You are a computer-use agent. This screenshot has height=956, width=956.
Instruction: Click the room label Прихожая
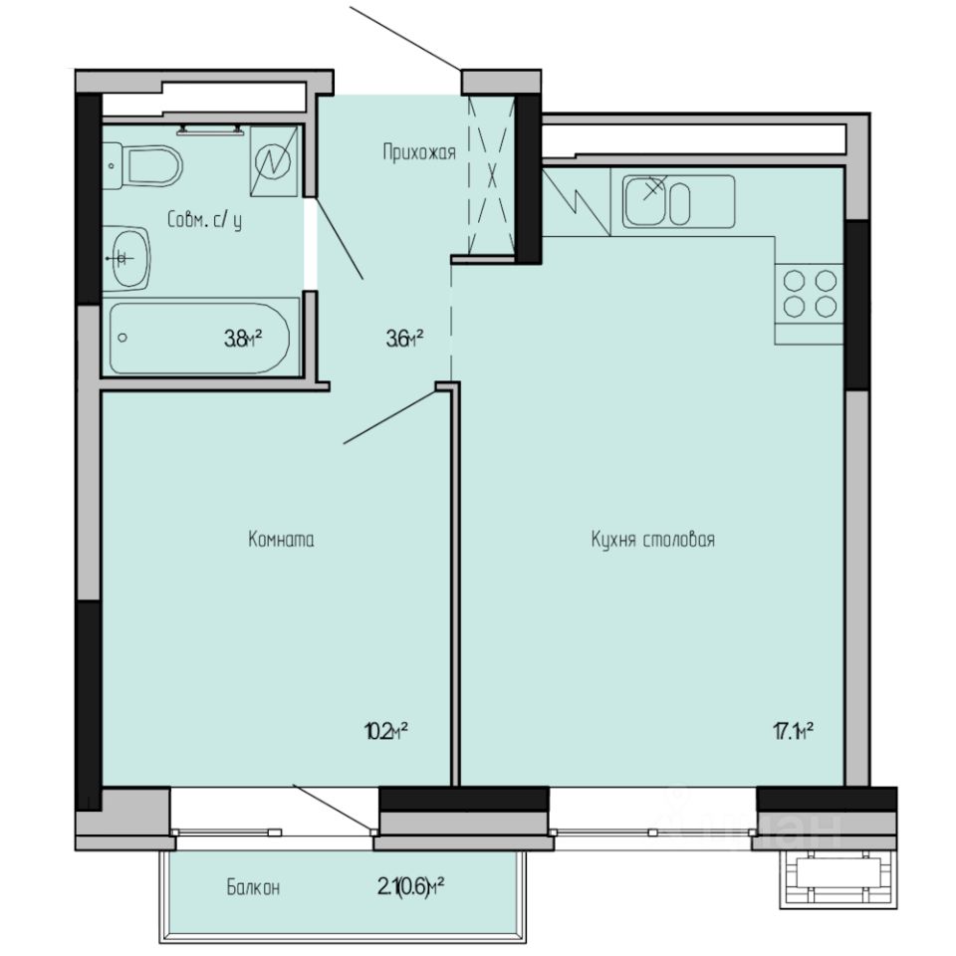[x=418, y=152]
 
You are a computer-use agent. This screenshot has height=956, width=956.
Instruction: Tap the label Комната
[x=281, y=540]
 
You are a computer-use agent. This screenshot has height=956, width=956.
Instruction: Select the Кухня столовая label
[x=653, y=540]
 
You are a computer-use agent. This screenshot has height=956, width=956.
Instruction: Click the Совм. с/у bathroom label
[x=204, y=221]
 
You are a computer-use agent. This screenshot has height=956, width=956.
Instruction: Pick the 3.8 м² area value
[x=242, y=339]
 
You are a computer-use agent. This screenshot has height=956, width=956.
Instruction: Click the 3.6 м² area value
[x=404, y=339]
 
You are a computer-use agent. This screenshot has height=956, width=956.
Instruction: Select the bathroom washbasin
[x=126, y=258]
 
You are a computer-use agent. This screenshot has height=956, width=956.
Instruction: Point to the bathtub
[x=199, y=338]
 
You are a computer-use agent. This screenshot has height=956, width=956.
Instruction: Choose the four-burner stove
[x=809, y=294]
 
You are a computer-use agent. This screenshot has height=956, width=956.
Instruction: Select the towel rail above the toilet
[x=210, y=129]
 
